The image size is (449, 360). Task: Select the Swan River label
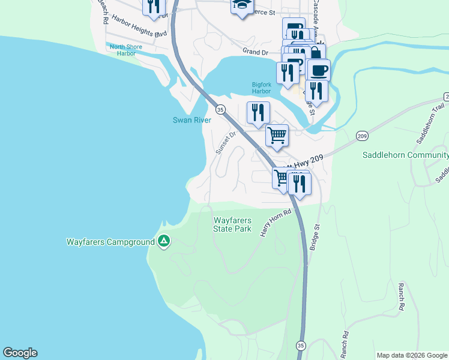(192, 120)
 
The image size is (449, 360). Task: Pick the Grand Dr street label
(255, 53)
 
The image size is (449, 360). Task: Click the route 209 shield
(362, 137)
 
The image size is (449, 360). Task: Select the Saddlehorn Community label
(405, 155)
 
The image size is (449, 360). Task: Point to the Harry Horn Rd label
(275, 222)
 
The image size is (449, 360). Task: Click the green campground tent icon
(163, 242)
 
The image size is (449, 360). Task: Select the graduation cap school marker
(242, 5)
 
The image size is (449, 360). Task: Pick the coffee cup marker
(319, 70)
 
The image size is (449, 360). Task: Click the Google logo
(20, 353)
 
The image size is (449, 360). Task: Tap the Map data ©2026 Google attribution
(412, 355)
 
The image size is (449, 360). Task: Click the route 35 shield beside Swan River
(220, 109)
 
